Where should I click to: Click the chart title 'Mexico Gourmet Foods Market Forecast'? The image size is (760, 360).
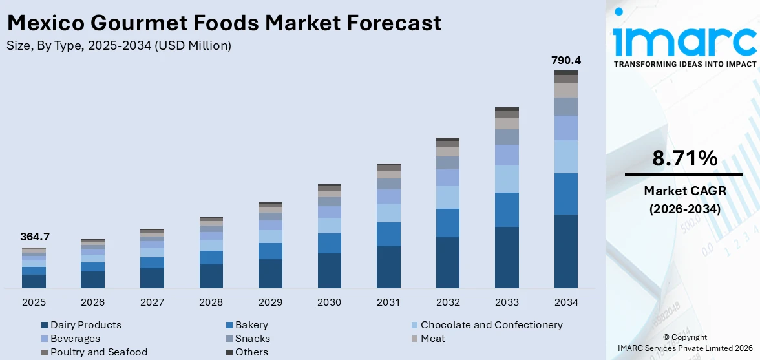224,23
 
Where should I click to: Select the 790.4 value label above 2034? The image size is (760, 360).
566,60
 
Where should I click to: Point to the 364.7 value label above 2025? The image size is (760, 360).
35,237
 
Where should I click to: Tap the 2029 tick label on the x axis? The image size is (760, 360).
270,302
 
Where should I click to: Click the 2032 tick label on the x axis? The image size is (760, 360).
448,302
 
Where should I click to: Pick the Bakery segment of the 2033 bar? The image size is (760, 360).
507,209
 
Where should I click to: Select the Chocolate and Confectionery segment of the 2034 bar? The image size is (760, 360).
566,156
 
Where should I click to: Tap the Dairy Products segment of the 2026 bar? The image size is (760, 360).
92,279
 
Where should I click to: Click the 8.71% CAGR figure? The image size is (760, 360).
684,158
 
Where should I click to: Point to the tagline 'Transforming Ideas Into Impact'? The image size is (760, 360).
684,64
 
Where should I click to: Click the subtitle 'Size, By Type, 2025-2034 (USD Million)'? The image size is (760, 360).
119,45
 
